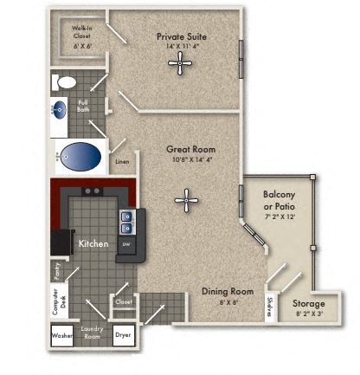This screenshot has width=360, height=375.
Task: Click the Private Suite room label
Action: click(x=182, y=37)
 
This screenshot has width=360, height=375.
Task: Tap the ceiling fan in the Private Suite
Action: click(x=181, y=61)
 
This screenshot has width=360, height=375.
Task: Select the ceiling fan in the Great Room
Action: click(x=186, y=201)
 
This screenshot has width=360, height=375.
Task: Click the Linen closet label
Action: click(x=122, y=161)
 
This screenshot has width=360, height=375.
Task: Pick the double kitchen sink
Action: click(x=127, y=223)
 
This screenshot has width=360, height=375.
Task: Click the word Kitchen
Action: click(x=93, y=244)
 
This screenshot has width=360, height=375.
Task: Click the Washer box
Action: click(x=62, y=336)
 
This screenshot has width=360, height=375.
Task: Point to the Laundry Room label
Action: click(x=93, y=333)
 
